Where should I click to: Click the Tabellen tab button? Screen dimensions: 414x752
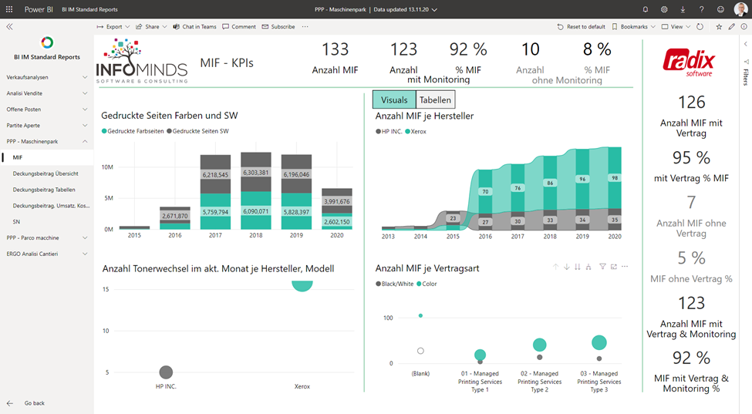[x=435, y=100]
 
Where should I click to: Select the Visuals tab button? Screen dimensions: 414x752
[x=394, y=100]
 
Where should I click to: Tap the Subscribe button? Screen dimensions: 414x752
[x=278, y=26]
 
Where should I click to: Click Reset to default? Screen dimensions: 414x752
[x=582, y=26]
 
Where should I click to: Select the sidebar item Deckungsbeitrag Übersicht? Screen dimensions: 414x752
[x=46, y=173]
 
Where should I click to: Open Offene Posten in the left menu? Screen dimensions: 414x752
[x=23, y=109]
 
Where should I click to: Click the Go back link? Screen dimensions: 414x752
[x=34, y=403]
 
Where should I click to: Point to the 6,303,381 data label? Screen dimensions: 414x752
[x=255, y=173]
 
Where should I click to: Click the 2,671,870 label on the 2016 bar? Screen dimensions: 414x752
[x=175, y=216]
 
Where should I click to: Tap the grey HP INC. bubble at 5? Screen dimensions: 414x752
[x=166, y=372]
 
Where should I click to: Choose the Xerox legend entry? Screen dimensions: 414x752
[x=416, y=132]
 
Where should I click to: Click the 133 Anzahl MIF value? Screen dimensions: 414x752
[x=335, y=49]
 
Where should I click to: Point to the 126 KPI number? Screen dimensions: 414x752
[x=692, y=103]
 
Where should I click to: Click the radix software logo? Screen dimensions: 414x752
[x=690, y=62]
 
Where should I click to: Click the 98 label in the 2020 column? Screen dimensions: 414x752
[x=614, y=178]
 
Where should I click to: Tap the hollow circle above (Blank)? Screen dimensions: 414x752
[x=420, y=351]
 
